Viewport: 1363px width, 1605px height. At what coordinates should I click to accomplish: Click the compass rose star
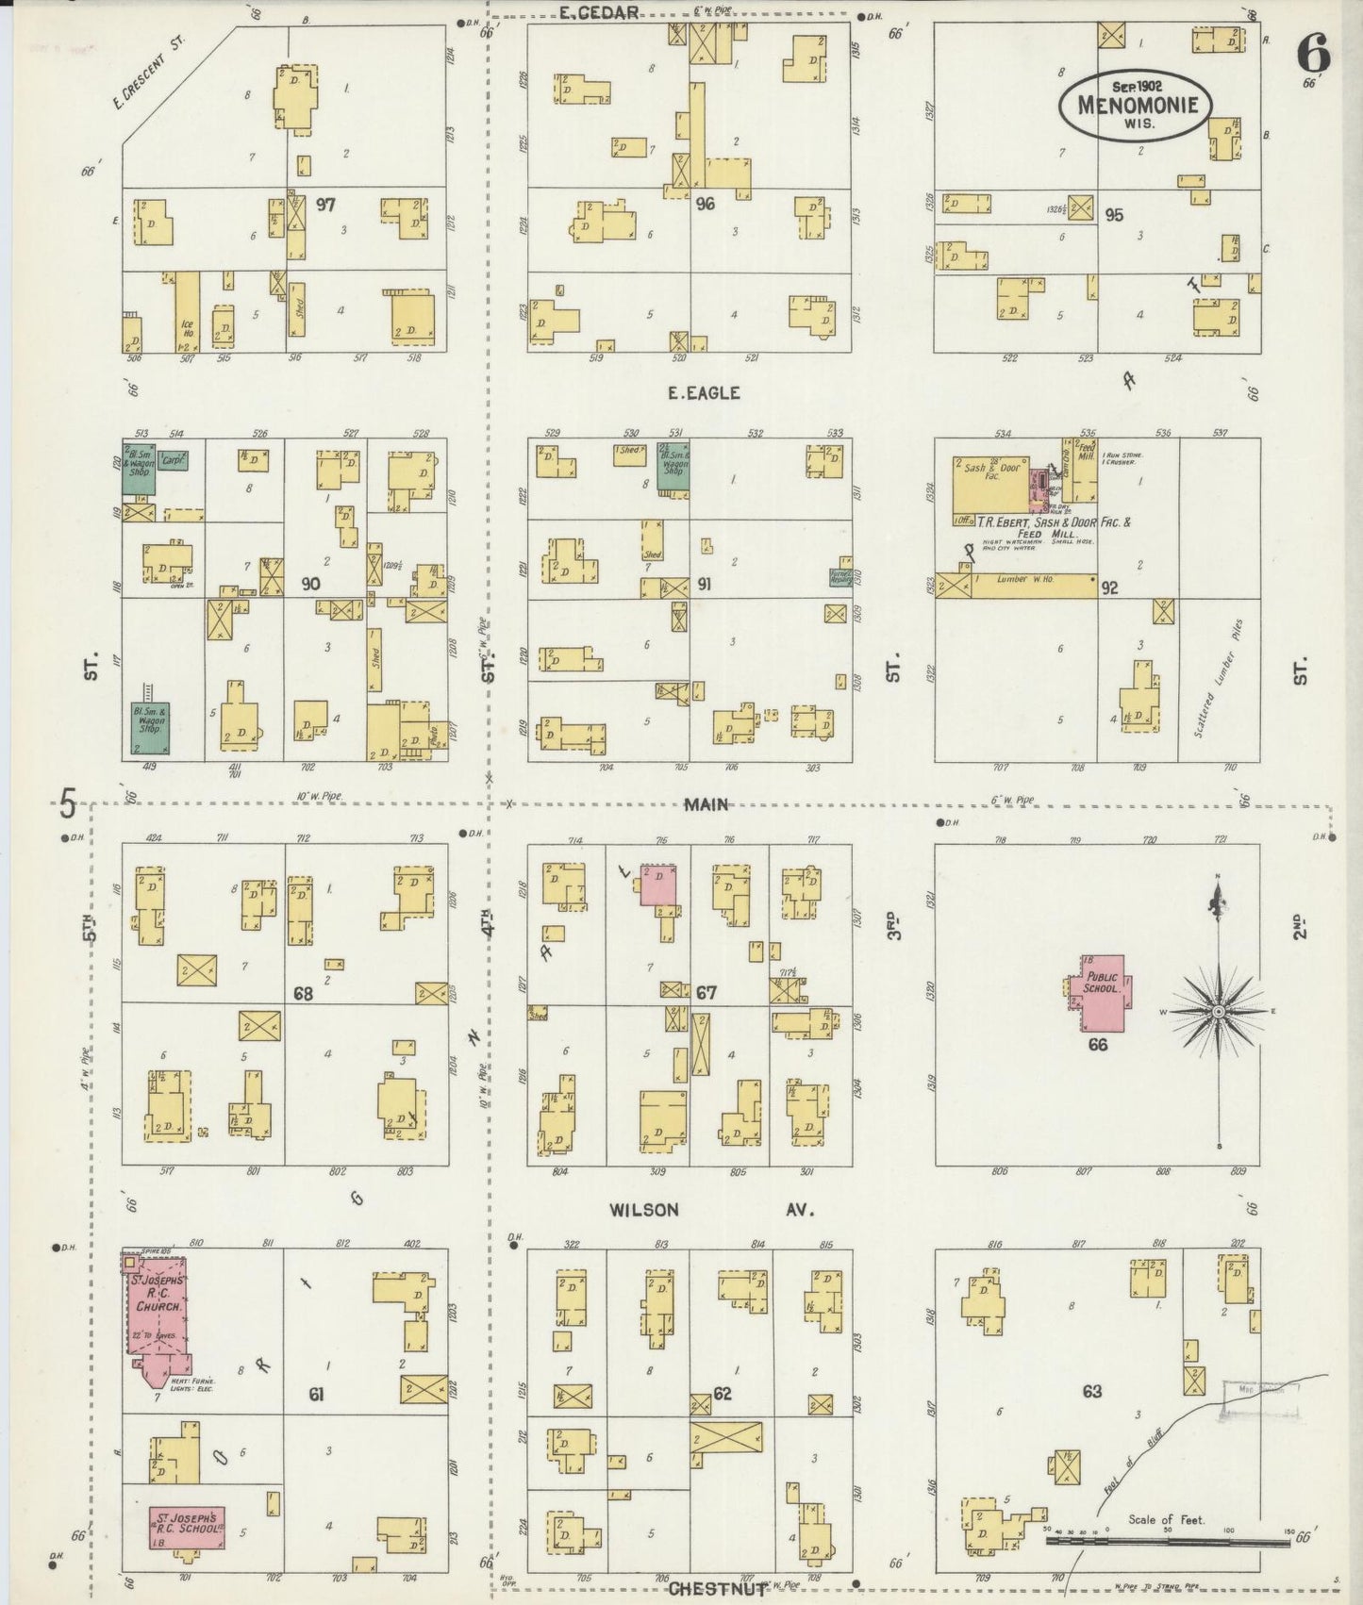1219,1011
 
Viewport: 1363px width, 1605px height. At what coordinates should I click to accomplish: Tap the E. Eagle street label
704,393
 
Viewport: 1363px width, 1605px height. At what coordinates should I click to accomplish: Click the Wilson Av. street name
710,1209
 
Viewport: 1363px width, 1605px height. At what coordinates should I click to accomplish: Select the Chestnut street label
717,1590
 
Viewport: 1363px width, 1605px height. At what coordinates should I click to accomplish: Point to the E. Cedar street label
599,12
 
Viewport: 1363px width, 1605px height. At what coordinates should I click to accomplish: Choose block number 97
326,204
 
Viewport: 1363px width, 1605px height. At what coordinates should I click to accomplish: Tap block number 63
1092,1391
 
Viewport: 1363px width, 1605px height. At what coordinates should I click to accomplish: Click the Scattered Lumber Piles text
1219,677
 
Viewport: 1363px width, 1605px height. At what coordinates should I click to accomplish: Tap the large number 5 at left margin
67,805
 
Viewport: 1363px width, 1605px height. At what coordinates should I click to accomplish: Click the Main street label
706,804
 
